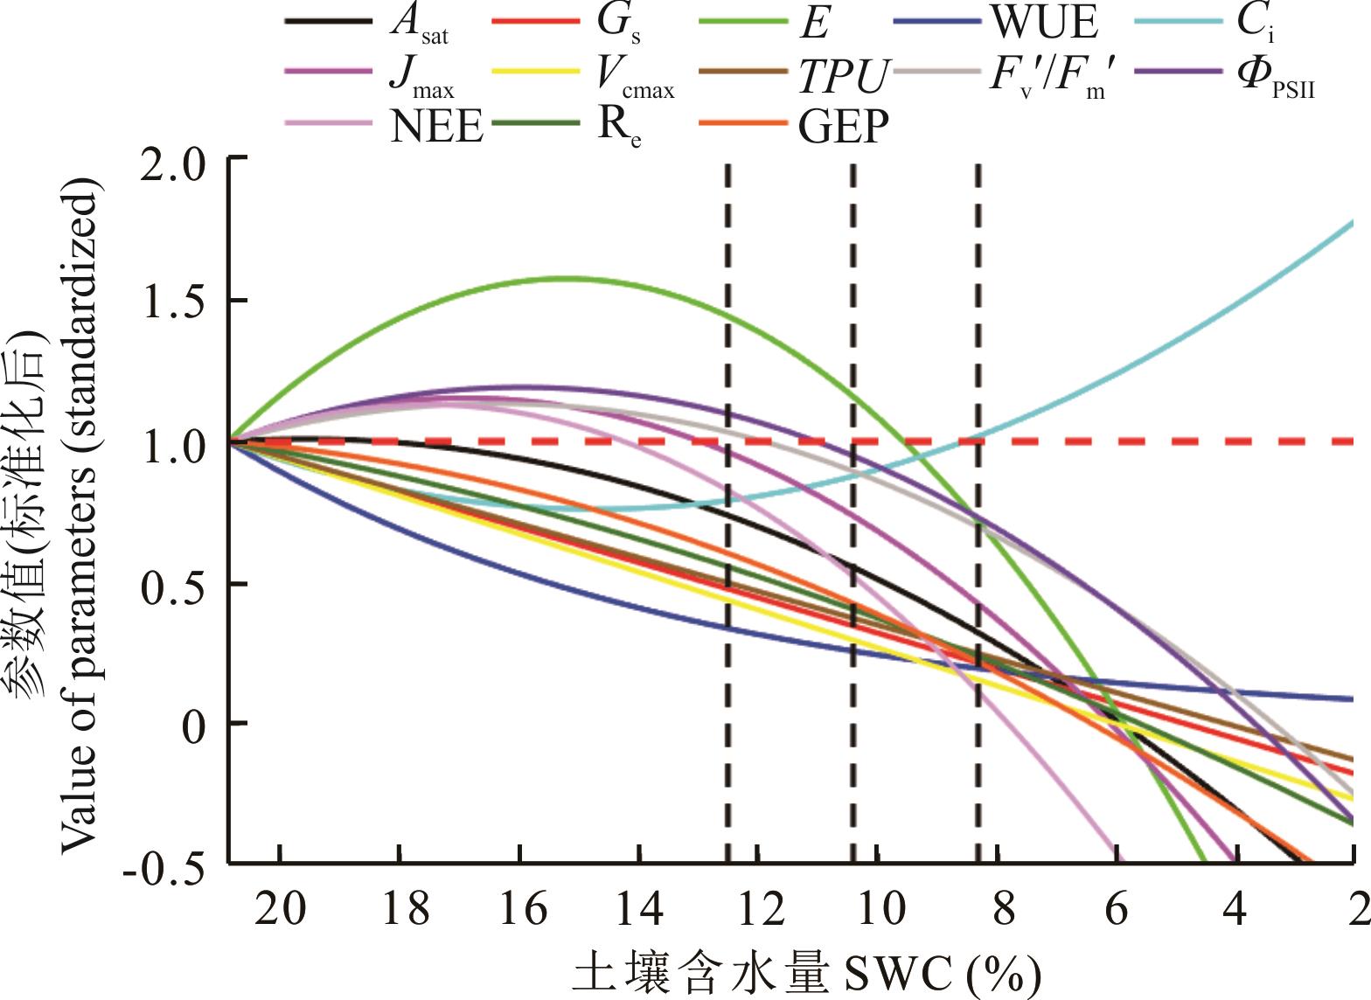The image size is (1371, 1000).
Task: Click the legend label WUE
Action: (x=1043, y=24)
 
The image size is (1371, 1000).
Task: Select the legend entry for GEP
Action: (x=843, y=127)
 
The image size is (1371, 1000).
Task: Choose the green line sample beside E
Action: (x=742, y=19)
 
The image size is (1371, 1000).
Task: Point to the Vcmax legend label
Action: (x=636, y=77)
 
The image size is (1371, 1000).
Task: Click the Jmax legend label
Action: (x=421, y=77)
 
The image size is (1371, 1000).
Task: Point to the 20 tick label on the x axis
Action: (x=280, y=910)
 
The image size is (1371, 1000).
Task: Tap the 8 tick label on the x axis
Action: (x=1002, y=910)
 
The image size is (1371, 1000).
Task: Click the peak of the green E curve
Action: (x=560, y=278)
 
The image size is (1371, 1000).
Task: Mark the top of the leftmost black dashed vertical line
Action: (x=727, y=166)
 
